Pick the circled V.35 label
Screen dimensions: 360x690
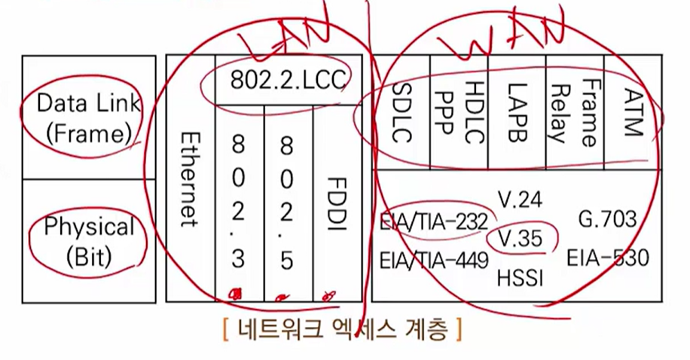521,239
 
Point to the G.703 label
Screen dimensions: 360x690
607,220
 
